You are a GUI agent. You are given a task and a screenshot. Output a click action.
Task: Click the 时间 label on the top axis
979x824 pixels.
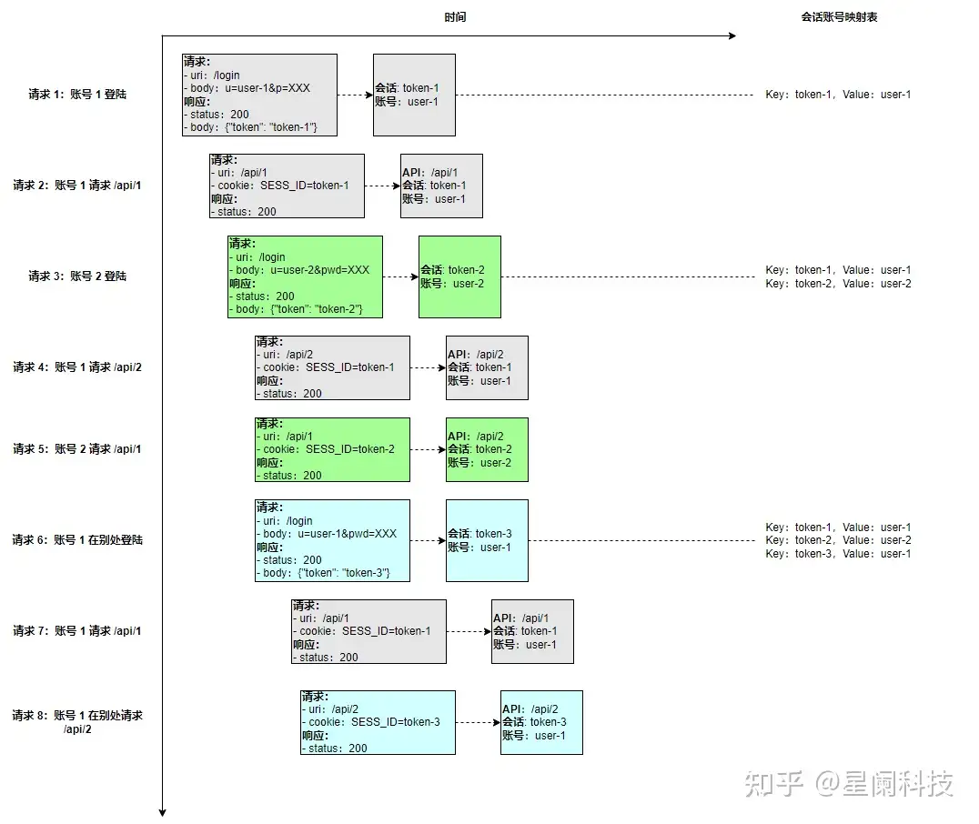456,17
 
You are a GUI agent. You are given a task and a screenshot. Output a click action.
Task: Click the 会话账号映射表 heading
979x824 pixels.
839,17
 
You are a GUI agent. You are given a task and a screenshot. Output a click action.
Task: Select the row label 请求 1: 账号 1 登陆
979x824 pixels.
77,95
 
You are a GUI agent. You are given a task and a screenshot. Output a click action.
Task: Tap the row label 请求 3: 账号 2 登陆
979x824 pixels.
77,276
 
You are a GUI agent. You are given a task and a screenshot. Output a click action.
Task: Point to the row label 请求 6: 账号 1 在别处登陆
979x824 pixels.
77,540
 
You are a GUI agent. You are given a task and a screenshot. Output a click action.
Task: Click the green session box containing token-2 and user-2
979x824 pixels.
459,276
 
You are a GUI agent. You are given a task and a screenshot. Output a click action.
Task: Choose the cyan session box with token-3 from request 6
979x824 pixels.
487,540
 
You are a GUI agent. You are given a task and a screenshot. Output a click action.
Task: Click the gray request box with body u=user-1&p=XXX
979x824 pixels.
259,95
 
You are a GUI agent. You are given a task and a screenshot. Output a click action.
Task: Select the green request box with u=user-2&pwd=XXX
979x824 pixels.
305,276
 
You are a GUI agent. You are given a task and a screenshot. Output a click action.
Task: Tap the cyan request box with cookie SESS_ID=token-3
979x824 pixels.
378,722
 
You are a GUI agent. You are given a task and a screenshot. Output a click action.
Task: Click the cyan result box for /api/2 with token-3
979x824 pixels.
541,722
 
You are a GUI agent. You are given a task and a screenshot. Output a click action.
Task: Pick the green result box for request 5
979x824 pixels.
487,449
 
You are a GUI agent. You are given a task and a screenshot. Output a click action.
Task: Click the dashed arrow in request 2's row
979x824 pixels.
382,186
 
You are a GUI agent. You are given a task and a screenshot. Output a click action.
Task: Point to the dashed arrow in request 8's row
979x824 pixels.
478,722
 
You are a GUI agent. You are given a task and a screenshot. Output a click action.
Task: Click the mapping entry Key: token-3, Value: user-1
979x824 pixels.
838,554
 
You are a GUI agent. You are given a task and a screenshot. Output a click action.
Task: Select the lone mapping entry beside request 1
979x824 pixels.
838,95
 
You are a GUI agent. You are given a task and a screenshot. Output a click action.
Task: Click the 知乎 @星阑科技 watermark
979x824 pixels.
849,783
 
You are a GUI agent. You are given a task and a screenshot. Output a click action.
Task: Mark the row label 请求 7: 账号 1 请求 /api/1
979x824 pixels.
77,631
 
